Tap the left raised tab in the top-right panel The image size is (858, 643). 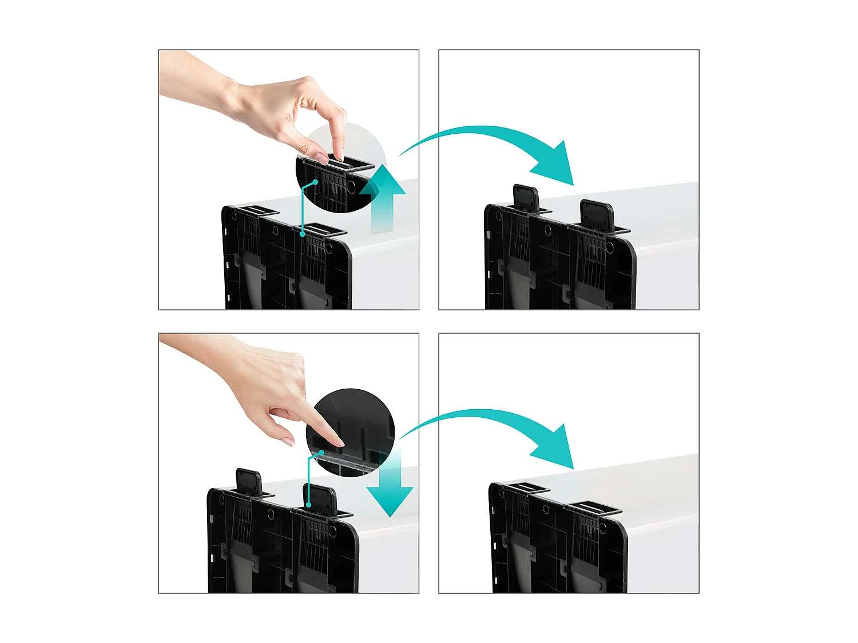coord(526,197)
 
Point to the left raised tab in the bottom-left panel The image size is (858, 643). coord(249,482)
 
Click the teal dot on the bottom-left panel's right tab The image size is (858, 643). coord(308,505)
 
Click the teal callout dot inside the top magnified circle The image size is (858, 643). coord(315,182)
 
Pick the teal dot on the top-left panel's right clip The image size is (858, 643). coord(303,233)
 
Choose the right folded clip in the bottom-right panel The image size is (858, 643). coord(595,506)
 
